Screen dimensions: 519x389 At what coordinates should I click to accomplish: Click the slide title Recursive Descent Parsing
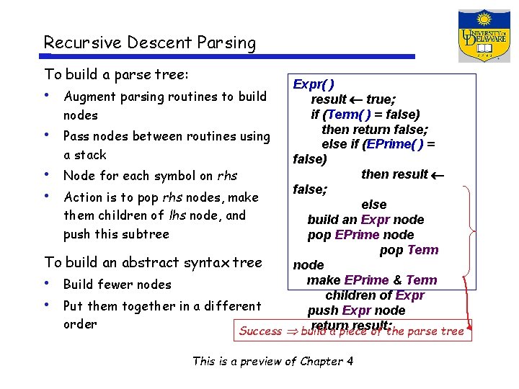click(x=149, y=43)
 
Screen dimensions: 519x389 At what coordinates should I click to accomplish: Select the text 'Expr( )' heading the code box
click(x=314, y=84)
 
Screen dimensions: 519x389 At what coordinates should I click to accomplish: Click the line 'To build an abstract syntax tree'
click(x=153, y=262)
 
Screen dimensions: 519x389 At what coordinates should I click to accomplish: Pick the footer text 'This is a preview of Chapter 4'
click(x=272, y=361)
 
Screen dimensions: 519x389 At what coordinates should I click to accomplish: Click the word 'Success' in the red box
click(x=260, y=331)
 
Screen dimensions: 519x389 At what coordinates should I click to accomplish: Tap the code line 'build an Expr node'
click(x=365, y=220)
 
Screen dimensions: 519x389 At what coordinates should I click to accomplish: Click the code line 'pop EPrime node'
click(x=360, y=235)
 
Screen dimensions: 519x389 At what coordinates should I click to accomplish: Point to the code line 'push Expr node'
click(x=356, y=310)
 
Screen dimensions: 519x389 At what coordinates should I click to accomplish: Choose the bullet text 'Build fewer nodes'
click(x=117, y=285)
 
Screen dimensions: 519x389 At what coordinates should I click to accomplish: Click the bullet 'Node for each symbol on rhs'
click(x=150, y=176)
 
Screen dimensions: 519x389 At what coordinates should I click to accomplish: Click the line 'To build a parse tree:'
click(x=116, y=74)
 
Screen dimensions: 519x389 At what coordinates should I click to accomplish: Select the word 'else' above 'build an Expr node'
click(x=374, y=205)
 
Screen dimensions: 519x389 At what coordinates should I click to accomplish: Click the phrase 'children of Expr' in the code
click(x=375, y=295)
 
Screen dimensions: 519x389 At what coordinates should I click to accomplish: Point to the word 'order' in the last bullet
click(x=80, y=324)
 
